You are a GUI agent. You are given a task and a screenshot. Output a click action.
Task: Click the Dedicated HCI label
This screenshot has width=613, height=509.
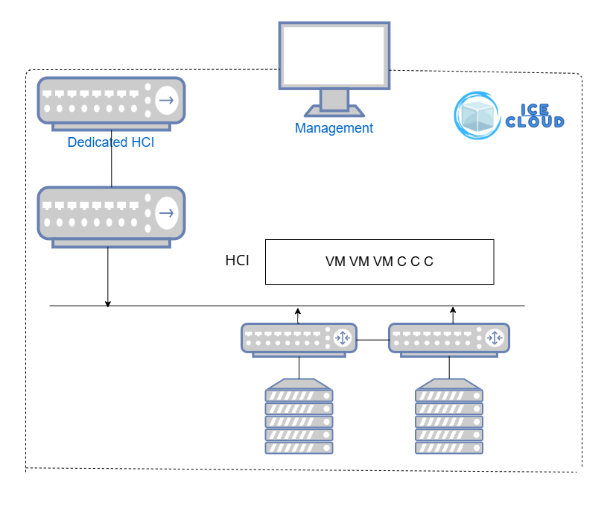(x=111, y=142)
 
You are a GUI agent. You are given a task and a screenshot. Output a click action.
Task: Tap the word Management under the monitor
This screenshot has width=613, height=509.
(x=334, y=128)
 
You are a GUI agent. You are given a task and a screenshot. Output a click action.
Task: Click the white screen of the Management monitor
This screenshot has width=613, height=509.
(x=334, y=55)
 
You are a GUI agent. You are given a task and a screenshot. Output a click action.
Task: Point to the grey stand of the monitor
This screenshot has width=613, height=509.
(x=334, y=101)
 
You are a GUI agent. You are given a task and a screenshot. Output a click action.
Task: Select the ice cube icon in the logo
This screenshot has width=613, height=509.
(x=477, y=117)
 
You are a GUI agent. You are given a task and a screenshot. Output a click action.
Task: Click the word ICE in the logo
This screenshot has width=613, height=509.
(x=535, y=110)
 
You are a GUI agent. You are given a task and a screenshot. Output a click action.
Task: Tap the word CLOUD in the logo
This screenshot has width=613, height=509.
(x=535, y=122)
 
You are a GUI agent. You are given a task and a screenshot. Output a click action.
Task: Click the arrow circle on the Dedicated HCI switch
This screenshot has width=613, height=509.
(x=167, y=100)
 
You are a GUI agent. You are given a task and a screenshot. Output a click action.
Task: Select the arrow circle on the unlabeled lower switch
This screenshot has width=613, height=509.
(x=167, y=212)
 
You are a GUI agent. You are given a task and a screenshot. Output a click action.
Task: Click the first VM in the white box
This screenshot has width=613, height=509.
(x=335, y=262)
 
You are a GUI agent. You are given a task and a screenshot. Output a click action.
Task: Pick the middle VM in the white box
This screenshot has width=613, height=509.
(x=359, y=262)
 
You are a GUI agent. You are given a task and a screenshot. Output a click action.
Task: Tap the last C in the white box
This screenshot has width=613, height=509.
(x=428, y=262)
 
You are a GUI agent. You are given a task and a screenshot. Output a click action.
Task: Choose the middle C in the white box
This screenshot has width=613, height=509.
(x=415, y=262)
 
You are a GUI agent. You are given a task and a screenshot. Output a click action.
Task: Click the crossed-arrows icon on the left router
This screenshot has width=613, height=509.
(x=343, y=338)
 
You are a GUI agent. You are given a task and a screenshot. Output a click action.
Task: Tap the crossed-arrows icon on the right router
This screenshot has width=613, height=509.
(x=495, y=338)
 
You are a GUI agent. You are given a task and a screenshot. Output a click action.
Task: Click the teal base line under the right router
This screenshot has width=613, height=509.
(x=449, y=356)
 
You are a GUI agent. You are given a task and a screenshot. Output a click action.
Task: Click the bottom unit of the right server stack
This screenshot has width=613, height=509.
(x=449, y=448)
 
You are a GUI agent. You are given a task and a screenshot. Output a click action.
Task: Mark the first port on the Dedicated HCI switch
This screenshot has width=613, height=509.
(x=47, y=95)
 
